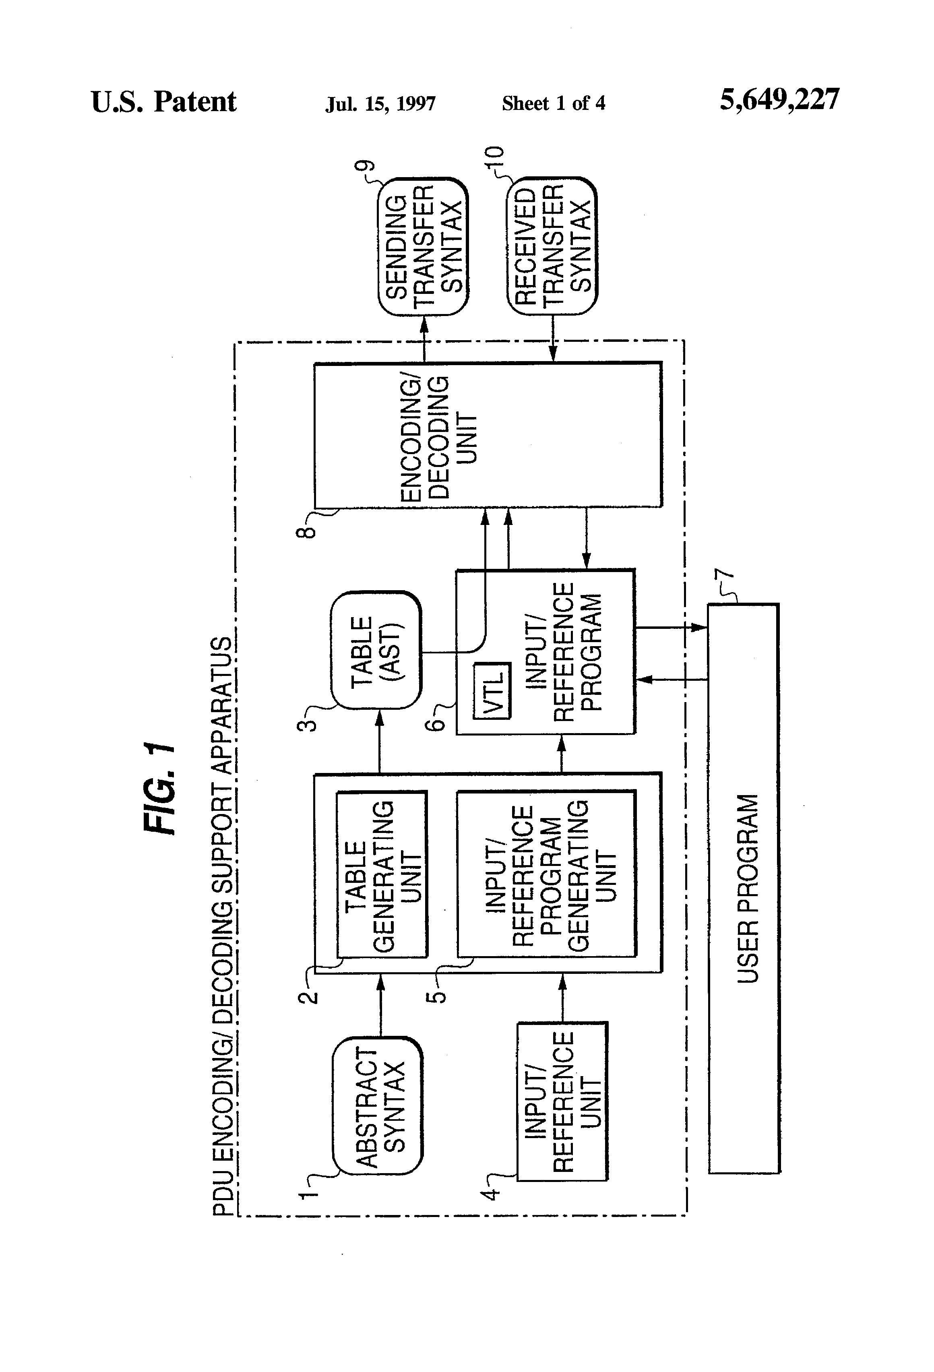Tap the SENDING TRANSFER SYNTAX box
tap(423, 246)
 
